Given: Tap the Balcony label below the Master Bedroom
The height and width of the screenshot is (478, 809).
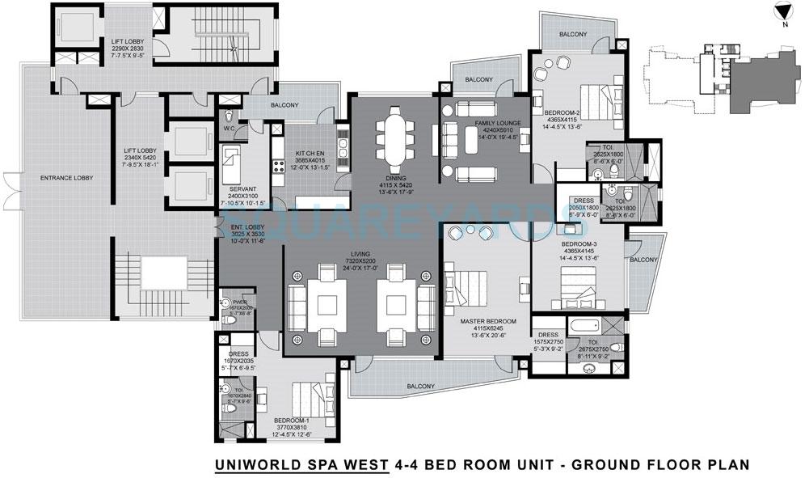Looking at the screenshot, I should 423,386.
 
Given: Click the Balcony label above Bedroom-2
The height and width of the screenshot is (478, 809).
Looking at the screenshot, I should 572,35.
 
